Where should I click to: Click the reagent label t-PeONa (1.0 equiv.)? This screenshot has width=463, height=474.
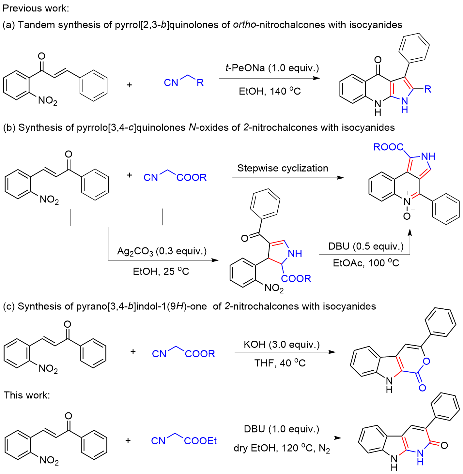[272, 68]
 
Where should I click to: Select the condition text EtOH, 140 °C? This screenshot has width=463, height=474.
[270, 91]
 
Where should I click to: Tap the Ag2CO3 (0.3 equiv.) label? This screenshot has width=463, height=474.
[162, 251]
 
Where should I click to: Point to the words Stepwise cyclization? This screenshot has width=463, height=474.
[283, 168]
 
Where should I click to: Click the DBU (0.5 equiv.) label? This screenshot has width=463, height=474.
[366, 246]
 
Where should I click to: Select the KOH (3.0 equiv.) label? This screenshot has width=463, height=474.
[282, 345]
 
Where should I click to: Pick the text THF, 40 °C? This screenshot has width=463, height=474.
[280, 363]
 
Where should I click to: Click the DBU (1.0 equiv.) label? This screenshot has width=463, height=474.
[282, 429]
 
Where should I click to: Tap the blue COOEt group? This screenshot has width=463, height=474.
[200, 441]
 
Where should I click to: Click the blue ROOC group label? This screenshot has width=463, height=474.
[388, 147]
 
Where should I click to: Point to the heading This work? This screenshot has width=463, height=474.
[27, 395]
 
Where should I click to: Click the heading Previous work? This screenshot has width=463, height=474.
[36, 8]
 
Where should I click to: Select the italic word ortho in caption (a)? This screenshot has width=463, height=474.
[244, 25]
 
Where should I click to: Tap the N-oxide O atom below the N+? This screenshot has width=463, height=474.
[407, 216]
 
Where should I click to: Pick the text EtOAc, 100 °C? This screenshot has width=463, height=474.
[366, 263]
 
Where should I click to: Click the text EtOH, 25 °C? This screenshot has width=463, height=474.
[161, 272]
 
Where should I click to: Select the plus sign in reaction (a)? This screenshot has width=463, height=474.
[129, 85]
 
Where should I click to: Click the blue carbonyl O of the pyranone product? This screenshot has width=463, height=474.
[422, 388]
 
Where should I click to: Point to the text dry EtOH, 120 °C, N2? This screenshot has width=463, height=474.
[282, 449]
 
